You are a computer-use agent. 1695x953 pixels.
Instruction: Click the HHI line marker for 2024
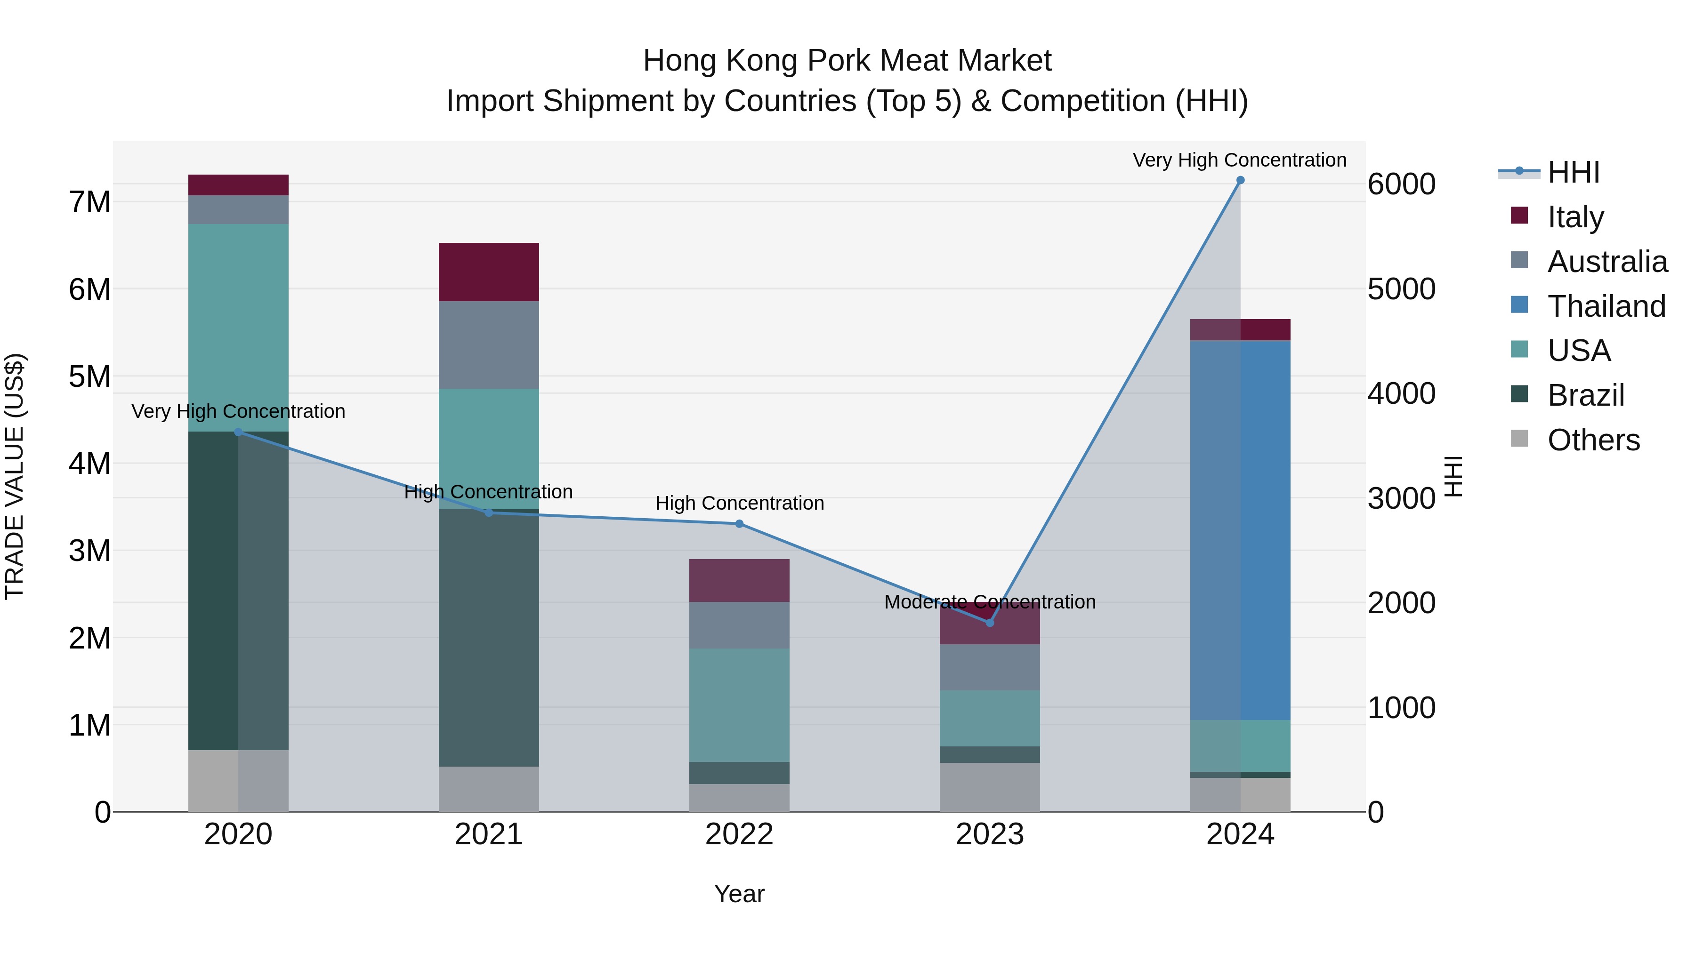coord(1240,180)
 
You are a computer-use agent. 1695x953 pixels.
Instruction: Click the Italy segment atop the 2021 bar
coord(489,272)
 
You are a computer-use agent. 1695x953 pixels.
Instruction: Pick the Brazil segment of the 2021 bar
coord(489,638)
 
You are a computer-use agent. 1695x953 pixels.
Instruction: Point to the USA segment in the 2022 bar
coord(739,705)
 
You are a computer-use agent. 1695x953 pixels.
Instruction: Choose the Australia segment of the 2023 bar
coord(990,667)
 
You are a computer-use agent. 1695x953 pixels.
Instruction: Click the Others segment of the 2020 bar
coord(238,781)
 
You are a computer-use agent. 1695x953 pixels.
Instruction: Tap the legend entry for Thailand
coord(1606,306)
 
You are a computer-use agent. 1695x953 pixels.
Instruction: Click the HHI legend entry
coord(1573,172)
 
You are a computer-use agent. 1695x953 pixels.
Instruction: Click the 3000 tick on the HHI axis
coord(1401,498)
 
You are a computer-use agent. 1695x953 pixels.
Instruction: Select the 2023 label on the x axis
coord(990,834)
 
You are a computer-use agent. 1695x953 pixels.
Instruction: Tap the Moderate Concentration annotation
coord(990,602)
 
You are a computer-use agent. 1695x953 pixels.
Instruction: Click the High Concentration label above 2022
coord(739,503)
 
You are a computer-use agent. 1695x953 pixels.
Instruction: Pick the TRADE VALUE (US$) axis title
coord(15,476)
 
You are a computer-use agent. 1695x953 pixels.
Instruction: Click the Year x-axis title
coord(739,894)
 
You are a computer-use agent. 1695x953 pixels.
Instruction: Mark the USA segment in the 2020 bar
coord(238,328)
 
